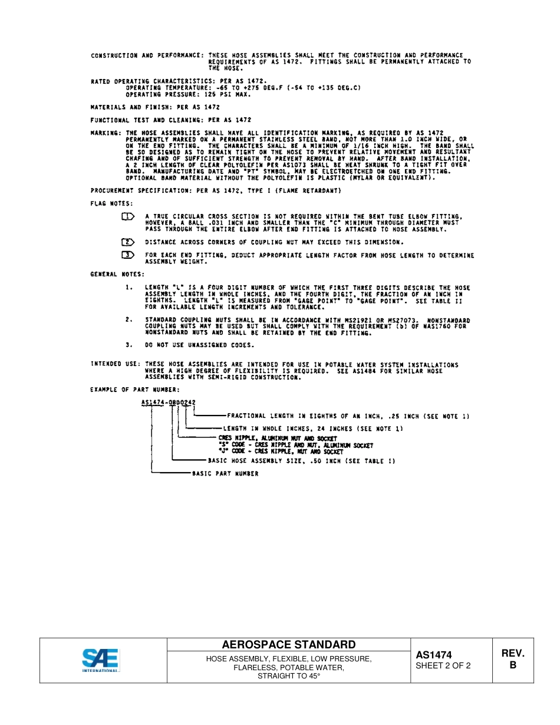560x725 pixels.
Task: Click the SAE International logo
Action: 100,660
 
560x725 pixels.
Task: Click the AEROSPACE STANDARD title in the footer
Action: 288,644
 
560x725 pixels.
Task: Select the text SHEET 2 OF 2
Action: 443,666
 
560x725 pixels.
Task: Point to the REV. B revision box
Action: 512,659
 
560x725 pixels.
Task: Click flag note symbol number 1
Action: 128,216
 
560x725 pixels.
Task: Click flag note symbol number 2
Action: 128,242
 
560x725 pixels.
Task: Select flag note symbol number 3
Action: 128,255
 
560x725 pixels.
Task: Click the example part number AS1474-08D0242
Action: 169,403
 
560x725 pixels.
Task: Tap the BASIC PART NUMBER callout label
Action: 225,473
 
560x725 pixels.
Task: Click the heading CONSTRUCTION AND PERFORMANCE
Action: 147,55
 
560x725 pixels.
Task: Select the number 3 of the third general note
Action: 128,345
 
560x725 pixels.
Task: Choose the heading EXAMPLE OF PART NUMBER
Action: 135,390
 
